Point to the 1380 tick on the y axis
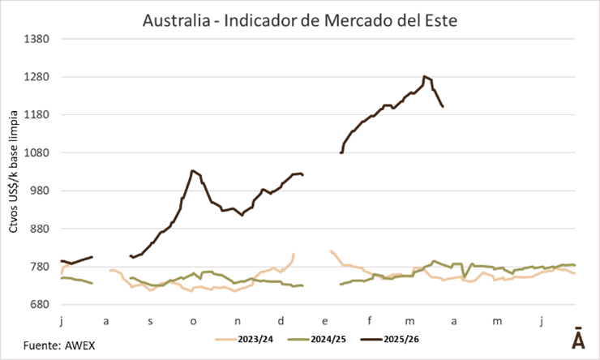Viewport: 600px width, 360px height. pyautogui.click(x=39, y=39)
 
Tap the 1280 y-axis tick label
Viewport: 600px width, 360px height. pyautogui.click(x=39, y=77)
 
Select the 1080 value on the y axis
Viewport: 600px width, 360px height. pyautogui.click(x=39, y=152)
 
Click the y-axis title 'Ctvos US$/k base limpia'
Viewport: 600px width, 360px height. pyautogui.click(x=14, y=171)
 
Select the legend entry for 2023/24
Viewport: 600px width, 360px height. pyautogui.click(x=252, y=339)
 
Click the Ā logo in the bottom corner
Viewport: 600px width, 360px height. pyautogui.click(x=578, y=340)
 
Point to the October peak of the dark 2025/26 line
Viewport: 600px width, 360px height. pyautogui.click(x=191, y=171)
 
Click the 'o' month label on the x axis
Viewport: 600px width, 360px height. pyautogui.click(x=193, y=321)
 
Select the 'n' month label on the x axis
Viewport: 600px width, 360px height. pyautogui.click(x=237, y=321)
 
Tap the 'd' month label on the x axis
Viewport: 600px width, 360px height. pyautogui.click(x=281, y=321)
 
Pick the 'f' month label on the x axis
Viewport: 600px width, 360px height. pyautogui.click(x=368, y=321)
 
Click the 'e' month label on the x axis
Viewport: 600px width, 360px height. pyautogui.click(x=324, y=321)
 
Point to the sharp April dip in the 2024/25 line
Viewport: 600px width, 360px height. pyautogui.click(x=465, y=276)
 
